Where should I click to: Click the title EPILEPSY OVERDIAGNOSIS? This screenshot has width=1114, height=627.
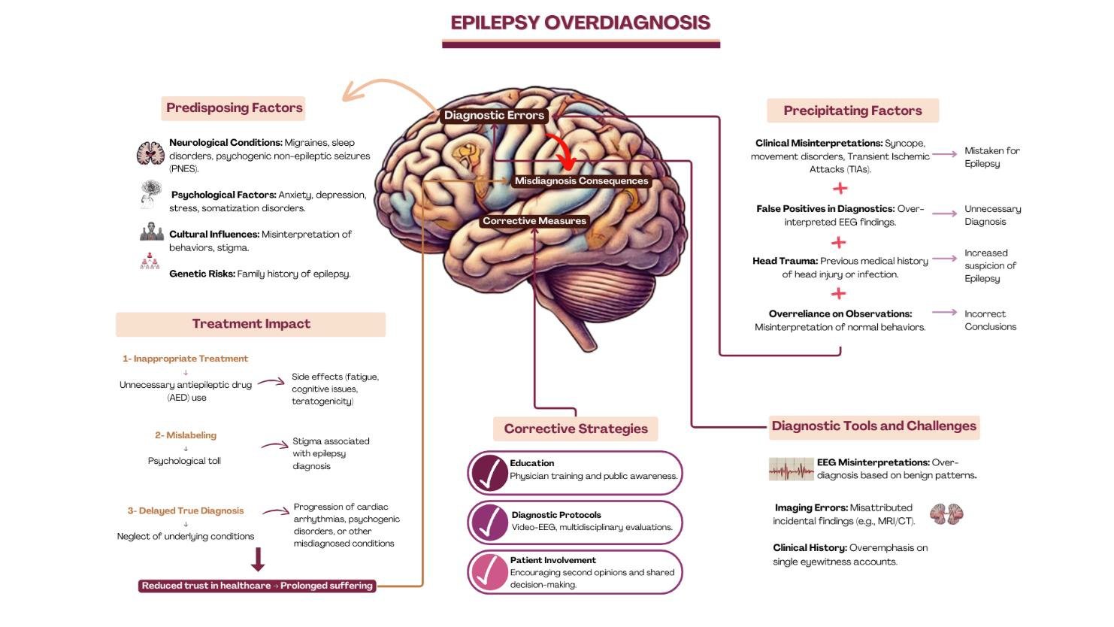tap(580, 23)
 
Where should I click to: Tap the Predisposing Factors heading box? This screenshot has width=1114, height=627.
tap(234, 108)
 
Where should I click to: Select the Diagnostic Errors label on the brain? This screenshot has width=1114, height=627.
tap(494, 115)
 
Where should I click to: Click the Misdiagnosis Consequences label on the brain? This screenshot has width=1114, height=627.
tap(581, 181)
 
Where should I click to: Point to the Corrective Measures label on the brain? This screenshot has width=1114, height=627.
tap(534, 221)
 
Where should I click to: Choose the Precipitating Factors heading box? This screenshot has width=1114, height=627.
tap(852, 111)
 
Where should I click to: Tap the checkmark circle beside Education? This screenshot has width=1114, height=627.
tap(489, 473)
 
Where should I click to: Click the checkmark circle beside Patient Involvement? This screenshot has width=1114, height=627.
tap(489, 572)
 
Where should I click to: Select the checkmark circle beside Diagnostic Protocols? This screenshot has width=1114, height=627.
tap(489, 522)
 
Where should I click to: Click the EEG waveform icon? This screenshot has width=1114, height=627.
tap(791, 469)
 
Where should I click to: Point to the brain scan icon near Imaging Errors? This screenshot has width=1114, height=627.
tap(946, 514)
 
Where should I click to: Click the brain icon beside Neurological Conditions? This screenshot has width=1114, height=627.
tap(150, 153)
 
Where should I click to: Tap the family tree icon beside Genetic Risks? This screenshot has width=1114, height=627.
tap(150, 262)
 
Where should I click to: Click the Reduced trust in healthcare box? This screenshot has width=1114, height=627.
tap(257, 586)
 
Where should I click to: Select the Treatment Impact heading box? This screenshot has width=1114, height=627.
tap(250, 324)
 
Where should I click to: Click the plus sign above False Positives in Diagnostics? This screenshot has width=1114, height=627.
tap(840, 189)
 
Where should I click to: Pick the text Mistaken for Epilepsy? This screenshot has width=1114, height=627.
tap(991, 157)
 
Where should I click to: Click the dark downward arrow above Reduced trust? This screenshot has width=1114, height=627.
tap(258, 559)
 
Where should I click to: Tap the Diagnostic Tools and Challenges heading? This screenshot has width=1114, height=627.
tap(873, 426)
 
